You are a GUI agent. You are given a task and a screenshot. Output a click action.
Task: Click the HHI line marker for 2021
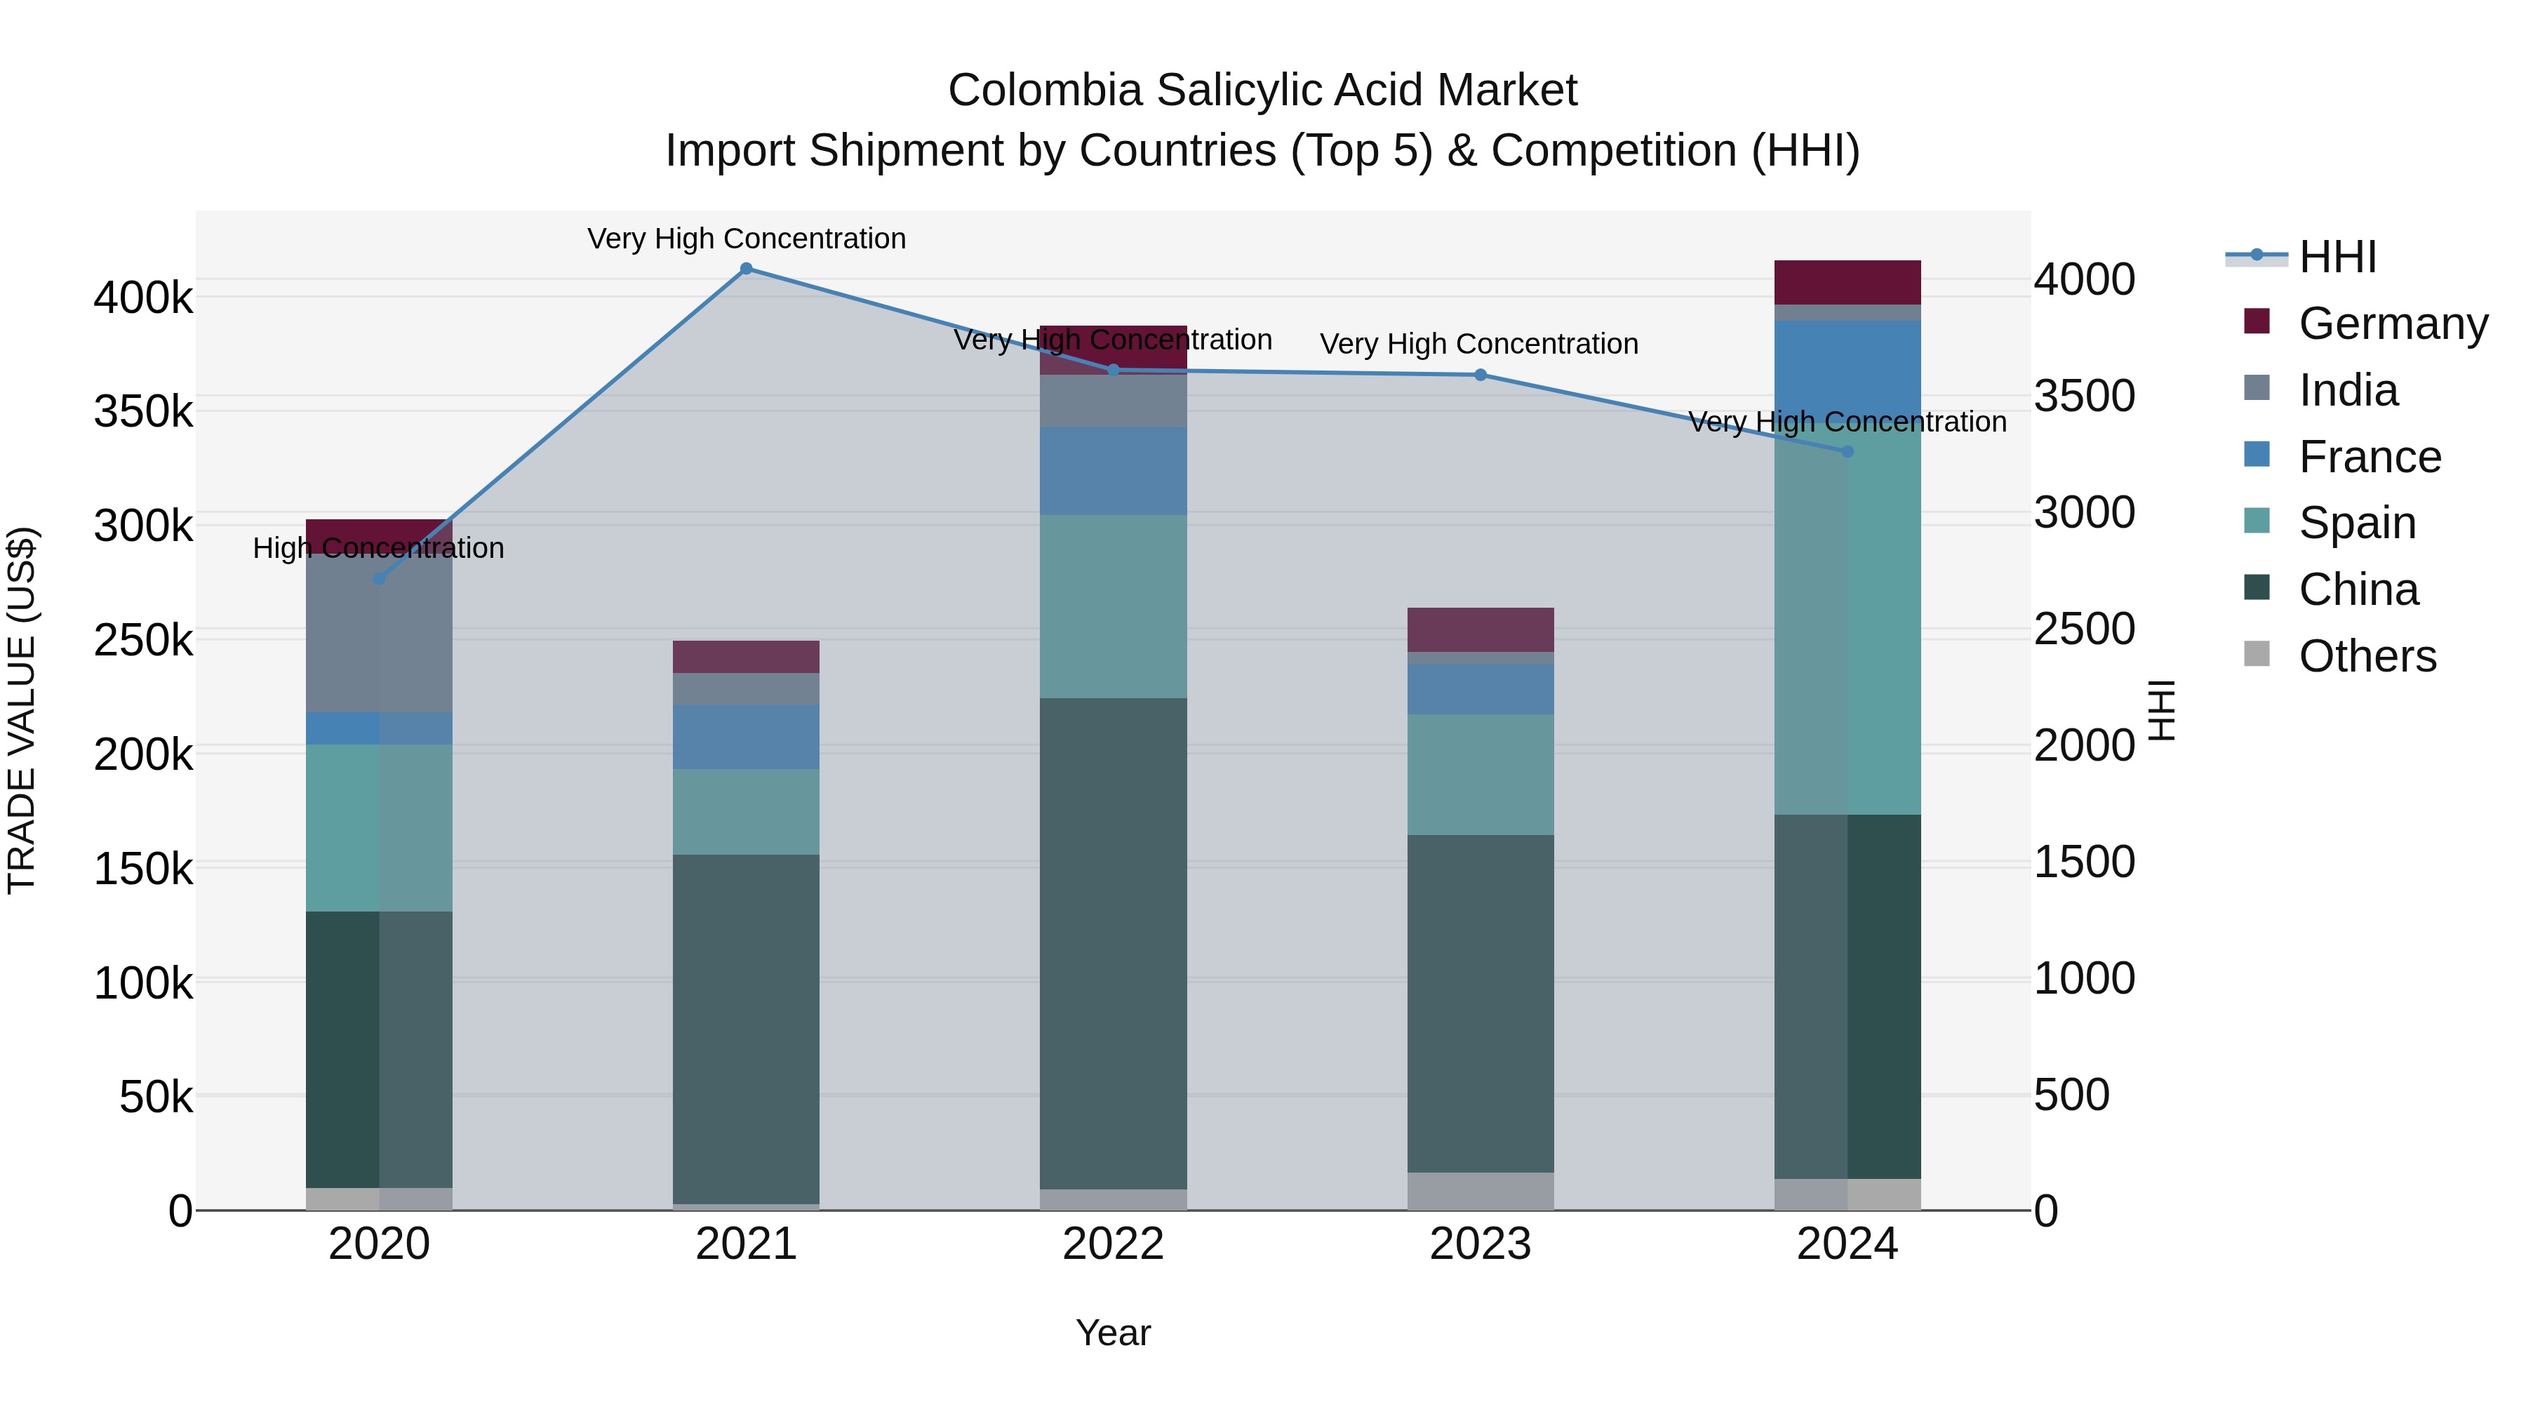pyautogui.click(x=747, y=269)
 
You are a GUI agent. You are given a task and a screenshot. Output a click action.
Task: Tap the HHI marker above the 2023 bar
pyautogui.click(x=1481, y=375)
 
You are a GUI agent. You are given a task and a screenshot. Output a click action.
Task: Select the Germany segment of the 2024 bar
pyautogui.click(x=1847, y=282)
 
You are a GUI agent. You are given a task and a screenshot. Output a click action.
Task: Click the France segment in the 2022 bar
pyautogui.click(x=1113, y=471)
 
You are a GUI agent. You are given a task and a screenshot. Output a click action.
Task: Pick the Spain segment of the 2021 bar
pyautogui.click(x=747, y=811)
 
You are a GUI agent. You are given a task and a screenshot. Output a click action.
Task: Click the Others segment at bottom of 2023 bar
pyautogui.click(x=1481, y=1191)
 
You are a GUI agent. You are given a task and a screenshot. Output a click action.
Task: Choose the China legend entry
pyautogui.click(x=2358, y=589)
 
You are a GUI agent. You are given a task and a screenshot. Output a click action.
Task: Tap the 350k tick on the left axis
pyautogui.click(x=143, y=412)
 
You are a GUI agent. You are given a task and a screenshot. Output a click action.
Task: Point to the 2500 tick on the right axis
pyautogui.click(x=2084, y=629)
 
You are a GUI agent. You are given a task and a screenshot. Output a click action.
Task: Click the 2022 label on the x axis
pyautogui.click(x=1113, y=1244)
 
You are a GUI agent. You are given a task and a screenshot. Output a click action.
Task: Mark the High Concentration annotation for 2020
pyautogui.click(x=378, y=547)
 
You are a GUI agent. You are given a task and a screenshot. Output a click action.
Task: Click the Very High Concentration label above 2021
pyautogui.click(x=747, y=239)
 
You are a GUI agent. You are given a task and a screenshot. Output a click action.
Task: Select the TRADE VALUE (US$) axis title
pyautogui.click(x=22, y=710)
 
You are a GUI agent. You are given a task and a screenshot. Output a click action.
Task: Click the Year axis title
pyautogui.click(x=1113, y=1333)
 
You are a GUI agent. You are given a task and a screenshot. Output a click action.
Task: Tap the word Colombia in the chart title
pyautogui.click(x=1044, y=91)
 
